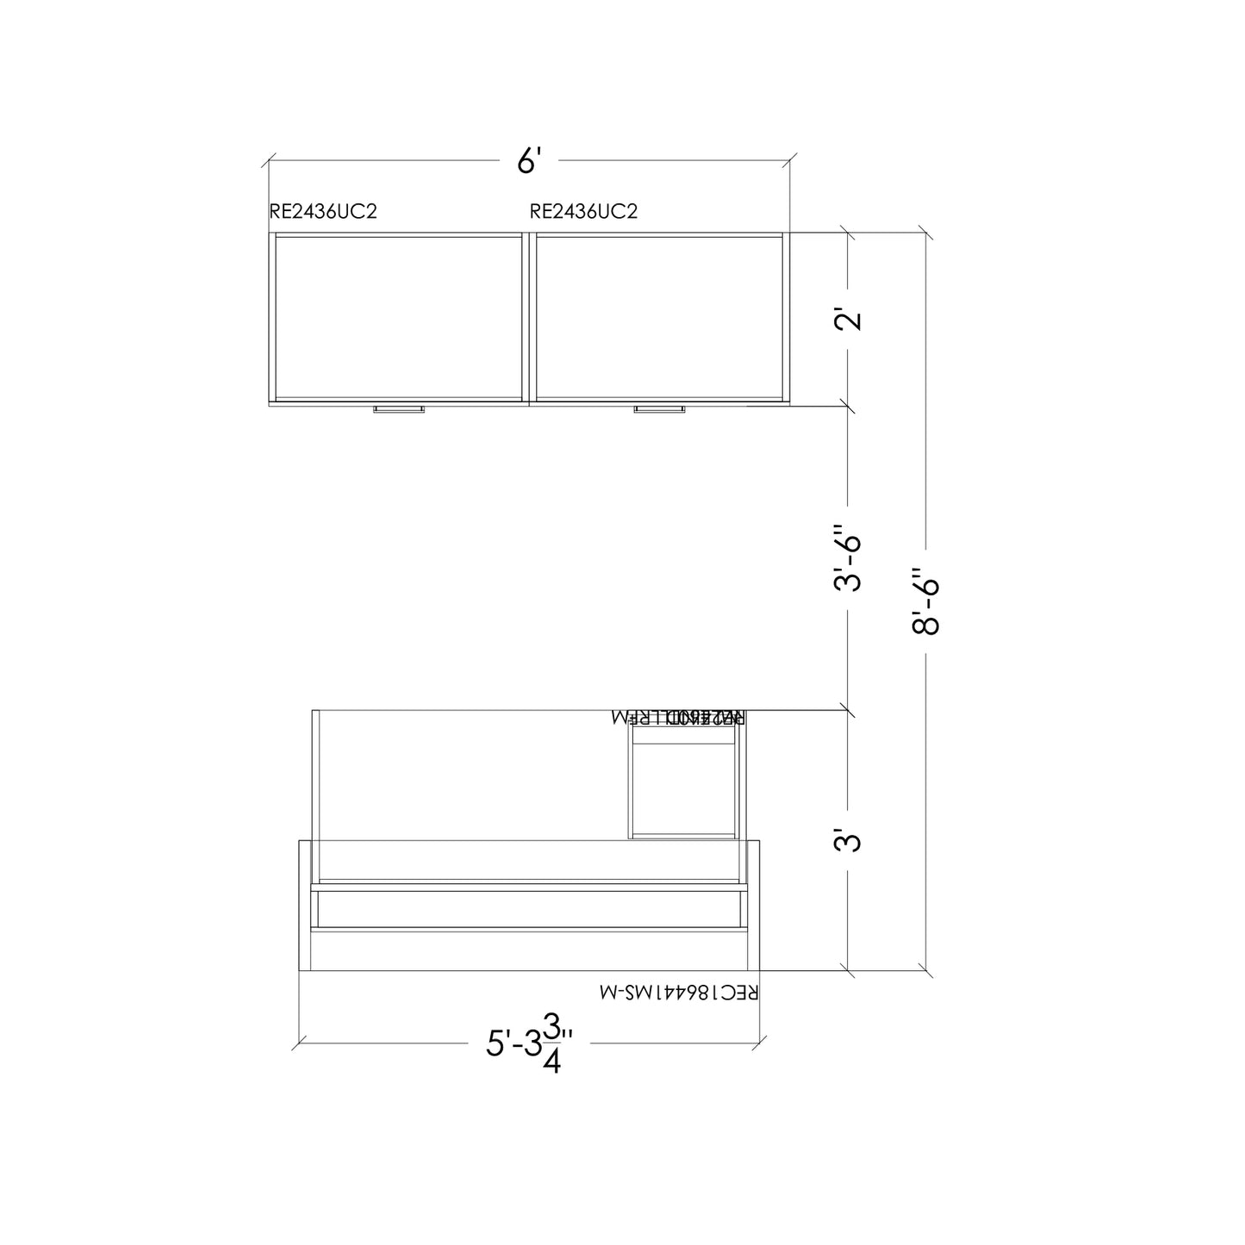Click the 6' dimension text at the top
pos(528,161)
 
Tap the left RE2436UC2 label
pos(323,212)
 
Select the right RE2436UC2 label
pos(583,212)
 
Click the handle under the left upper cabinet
pos(398,408)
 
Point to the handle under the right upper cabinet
pos(659,408)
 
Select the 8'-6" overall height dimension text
pos(926,601)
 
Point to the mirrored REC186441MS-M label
pos(679,993)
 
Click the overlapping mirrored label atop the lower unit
pos(678,717)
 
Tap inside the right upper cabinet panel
pos(659,317)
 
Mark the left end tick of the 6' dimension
pos(269,161)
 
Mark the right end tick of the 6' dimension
pos(790,161)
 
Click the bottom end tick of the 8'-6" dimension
pos(926,970)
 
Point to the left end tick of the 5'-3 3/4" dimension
pos(299,1043)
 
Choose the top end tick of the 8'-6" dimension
pos(926,233)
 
